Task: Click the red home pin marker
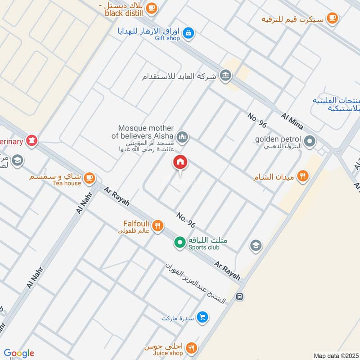(180, 162)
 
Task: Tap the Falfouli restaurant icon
(157, 225)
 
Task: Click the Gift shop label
(167, 39)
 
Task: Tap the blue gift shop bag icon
(189, 32)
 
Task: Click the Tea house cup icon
(90, 178)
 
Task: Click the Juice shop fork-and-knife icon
(192, 347)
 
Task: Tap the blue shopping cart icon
(203, 318)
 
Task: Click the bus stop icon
(240, 297)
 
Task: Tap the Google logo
(19, 353)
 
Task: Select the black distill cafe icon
(152, 7)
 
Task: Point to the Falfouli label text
(137, 223)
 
